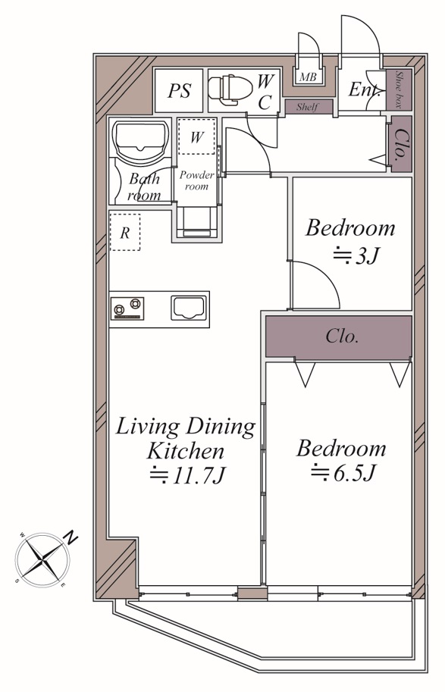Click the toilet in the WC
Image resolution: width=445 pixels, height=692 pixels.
pos(230,90)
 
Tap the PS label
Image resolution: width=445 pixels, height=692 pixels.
pos(179,91)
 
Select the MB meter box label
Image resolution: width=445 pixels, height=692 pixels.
pos(308,77)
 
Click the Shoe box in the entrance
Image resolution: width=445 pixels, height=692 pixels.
pos(399,90)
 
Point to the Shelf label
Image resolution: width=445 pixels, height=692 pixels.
pos(308,107)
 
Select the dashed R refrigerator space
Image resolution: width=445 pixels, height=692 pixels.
pos(125,232)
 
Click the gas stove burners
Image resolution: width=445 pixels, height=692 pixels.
pos(127,308)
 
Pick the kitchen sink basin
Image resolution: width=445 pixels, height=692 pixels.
pos(189,308)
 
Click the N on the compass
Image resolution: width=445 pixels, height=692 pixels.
pos(71,537)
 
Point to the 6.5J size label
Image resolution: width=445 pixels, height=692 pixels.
pos(343,473)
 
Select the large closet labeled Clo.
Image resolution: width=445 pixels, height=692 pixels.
pos(339,337)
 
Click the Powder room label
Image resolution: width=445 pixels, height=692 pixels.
pos(196,180)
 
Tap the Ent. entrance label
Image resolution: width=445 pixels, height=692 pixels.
pos(365,89)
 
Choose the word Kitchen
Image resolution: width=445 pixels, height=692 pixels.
pos(186,451)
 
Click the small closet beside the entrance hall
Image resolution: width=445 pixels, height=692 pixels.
pos(401,144)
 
